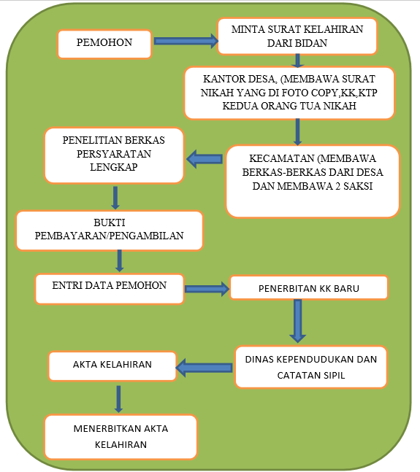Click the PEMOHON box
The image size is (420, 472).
click(104, 44)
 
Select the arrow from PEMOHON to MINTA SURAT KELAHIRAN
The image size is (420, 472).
click(186, 41)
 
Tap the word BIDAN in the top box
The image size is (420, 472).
click(312, 43)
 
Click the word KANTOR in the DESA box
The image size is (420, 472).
click(220, 79)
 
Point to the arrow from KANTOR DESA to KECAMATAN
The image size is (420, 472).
click(297, 132)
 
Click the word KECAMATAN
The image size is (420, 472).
click(281, 158)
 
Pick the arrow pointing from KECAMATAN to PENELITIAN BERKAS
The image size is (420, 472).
click(205, 159)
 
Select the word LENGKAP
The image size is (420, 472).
click(114, 167)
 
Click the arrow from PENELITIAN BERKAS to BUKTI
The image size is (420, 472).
click(115, 198)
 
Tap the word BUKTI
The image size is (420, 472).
click(109, 223)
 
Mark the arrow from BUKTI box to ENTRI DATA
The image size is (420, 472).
click(119, 260)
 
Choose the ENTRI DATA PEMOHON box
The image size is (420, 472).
click(110, 289)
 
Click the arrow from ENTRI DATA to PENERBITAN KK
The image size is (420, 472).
click(207, 289)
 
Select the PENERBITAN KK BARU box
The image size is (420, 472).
click(309, 287)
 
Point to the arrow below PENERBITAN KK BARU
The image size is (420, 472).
click(298, 321)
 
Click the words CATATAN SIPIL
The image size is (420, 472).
click(311, 376)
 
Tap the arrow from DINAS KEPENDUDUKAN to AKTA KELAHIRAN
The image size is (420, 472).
click(204, 368)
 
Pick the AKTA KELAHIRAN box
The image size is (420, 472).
click(112, 366)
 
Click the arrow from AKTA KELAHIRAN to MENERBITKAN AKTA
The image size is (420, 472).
click(119, 399)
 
